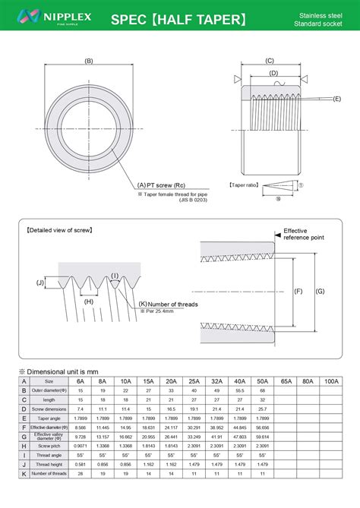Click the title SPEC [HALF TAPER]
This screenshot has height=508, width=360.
coord(179,18)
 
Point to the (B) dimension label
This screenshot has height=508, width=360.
coord(89,61)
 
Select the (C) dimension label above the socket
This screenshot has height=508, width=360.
coord(270,60)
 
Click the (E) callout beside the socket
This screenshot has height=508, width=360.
coord(336,99)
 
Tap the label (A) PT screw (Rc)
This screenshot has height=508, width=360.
coord(162,185)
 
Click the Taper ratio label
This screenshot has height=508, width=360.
coord(243,185)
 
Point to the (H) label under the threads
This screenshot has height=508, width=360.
coord(89,301)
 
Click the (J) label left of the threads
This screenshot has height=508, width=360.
coord(40,282)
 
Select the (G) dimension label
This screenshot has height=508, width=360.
coord(320,291)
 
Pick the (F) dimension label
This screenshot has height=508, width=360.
coord(298,291)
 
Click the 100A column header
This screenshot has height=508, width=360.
coord(331,381)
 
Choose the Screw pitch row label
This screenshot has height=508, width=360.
coord(49,446)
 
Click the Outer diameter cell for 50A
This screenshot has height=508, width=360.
coord(263,390)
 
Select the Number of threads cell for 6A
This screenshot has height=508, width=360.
coord(81,474)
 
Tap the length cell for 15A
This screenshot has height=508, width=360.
coord(149,399)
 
